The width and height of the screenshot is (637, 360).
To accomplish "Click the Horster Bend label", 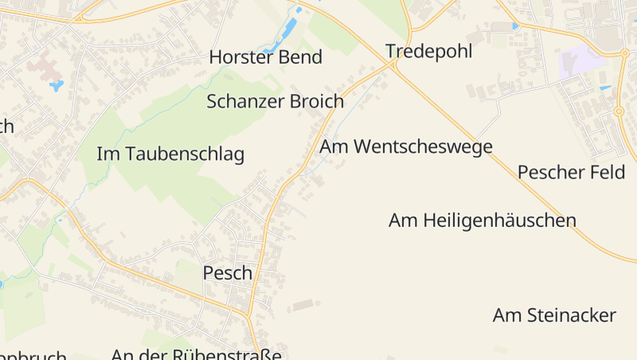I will tap(265, 57).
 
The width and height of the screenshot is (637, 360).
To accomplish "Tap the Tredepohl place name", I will tap(428, 52).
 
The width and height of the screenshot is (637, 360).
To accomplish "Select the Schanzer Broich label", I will tap(275, 102).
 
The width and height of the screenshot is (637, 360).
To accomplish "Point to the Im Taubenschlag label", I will tap(170, 155).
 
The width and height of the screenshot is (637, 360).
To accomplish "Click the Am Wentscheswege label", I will tap(405, 147).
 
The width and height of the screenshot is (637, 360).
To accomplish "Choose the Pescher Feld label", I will tap(571, 172).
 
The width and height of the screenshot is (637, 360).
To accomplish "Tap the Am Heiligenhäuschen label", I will tap(482, 221).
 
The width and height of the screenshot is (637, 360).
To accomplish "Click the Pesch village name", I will tap(227, 273).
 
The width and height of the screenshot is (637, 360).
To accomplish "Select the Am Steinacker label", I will tap(554, 315).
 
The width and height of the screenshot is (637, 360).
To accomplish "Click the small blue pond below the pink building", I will tap(56, 84).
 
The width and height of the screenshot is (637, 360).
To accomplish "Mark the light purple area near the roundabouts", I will tap(581, 61).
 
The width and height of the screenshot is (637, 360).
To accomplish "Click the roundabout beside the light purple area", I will tap(624, 53).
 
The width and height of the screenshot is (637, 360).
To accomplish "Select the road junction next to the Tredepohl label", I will tap(395, 63).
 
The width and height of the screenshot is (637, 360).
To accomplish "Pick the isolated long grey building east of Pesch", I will tap(303, 304).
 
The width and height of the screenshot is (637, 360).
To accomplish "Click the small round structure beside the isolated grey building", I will tap(318, 300).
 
